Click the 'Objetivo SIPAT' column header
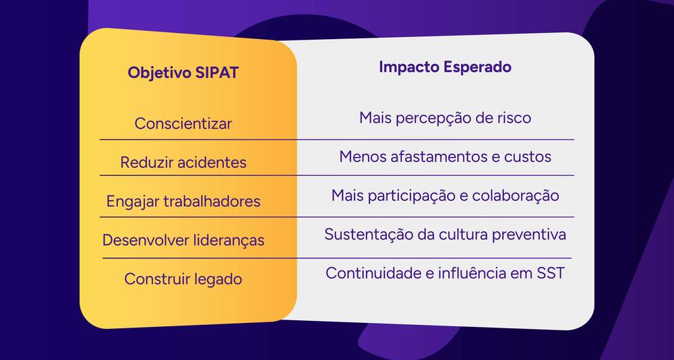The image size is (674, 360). click(x=183, y=73)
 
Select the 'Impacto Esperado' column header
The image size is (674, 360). click(x=445, y=67)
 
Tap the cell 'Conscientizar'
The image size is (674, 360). click(x=183, y=124)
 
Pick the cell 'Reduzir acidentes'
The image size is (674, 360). click(x=183, y=162)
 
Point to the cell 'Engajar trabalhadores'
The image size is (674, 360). click(x=183, y=202)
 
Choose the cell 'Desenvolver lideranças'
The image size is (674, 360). click(x=183, y=240)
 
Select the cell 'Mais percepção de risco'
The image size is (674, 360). click(x=445, y=119)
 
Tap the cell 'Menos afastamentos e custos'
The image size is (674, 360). click(x=445, y=157)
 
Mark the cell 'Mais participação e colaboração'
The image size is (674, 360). click(x=445, y=196)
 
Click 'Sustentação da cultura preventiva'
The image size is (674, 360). click(x=445, y=235)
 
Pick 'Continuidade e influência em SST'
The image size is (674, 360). click(x=445, y=274)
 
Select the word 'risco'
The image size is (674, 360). click(x=513, y=119)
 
